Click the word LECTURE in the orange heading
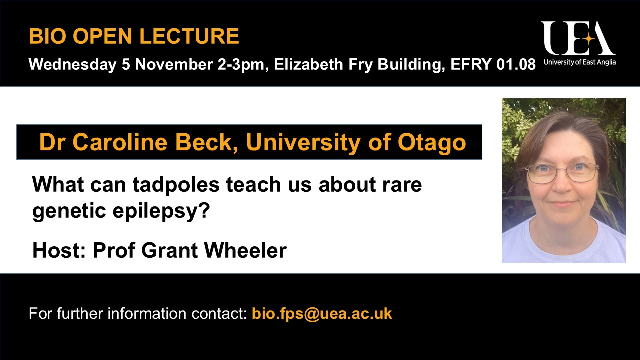pos(189,36)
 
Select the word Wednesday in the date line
pos(72,64)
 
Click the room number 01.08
pos(516,64)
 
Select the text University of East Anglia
pos(580,62)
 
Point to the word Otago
pos(432,143)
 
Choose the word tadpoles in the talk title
pos(176,185)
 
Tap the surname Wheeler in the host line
pos(245,250)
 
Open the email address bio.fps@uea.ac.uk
pos(322,313)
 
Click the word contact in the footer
pos(219,313)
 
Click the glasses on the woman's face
pos(561,173)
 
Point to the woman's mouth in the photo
pos(562,204)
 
